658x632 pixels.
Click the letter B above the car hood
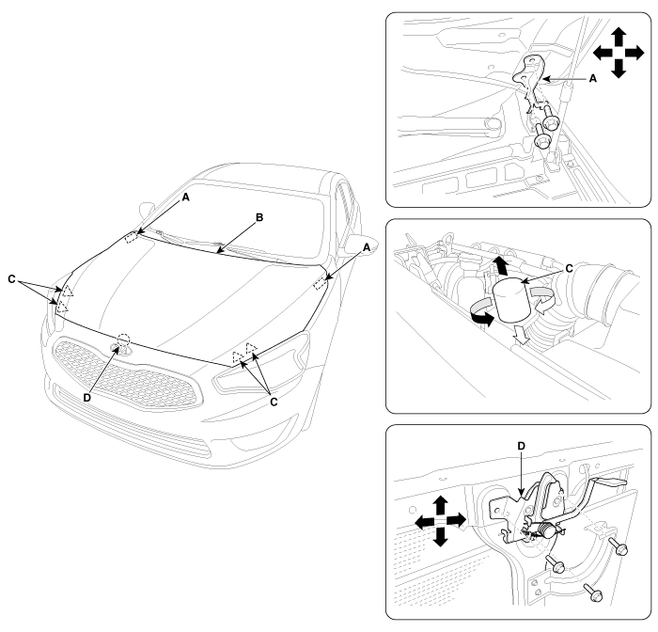(259, 217)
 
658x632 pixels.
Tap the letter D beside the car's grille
(86, 398)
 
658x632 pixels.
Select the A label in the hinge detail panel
(592, 78)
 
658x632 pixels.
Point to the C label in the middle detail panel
(569, 268)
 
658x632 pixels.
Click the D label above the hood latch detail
(521, 446)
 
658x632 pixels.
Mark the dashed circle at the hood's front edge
(123, 340)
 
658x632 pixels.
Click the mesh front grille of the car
(126, 374)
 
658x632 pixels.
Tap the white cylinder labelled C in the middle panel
(513, 300)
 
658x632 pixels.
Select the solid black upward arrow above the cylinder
(500, 265)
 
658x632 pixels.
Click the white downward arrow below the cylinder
(519, 334)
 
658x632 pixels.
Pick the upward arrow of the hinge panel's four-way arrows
(619, 37)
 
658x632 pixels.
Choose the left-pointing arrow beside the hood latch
(424, 522)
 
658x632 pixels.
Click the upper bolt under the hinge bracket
(549, 118)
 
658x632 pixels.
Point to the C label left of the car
(11, 278)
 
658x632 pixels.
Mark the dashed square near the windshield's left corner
(133, 237)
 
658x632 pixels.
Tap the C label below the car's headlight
(274, 402)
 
